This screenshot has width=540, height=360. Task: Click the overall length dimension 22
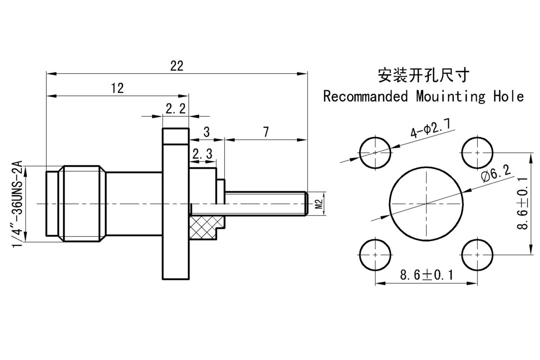177,67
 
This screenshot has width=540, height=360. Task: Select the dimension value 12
117,88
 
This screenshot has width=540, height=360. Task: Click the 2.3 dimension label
202,154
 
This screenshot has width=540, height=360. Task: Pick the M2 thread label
318,204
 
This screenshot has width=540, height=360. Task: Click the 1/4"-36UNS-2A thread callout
17,204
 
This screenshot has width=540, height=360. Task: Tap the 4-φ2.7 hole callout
430,128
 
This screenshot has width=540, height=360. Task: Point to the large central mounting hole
427,203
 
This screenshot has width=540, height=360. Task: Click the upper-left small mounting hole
376,152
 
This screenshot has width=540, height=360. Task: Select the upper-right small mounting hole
477,152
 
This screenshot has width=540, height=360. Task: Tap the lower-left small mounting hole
376,254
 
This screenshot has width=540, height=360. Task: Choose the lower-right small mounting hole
477,254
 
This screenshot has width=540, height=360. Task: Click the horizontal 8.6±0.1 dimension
427,275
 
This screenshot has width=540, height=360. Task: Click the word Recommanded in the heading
365,96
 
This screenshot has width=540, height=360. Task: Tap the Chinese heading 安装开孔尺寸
423,75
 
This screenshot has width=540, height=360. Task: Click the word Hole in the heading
508,96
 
